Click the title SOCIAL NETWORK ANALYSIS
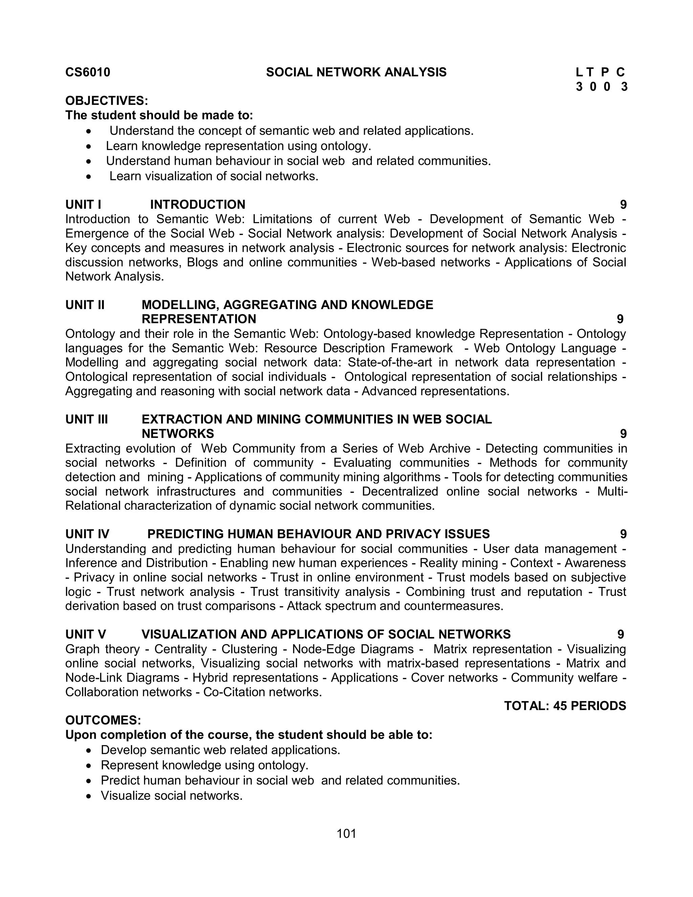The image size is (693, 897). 356,72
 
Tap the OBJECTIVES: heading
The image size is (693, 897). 106,101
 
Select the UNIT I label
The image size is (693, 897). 83,204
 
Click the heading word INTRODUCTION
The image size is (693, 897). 198,204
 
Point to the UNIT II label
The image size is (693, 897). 85,305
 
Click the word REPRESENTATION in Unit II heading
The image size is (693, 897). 199,319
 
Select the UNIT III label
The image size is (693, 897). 86,419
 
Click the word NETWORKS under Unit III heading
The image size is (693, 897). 177,434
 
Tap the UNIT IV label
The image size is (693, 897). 87,534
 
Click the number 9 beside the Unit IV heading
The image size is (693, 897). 623,534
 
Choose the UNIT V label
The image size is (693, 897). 85,634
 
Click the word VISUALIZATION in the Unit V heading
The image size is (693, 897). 189,634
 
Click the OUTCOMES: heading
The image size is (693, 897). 103,720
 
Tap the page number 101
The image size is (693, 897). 346,833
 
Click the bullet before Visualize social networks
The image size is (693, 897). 89,796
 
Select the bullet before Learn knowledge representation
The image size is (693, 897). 89,146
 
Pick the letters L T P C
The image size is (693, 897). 600,72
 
